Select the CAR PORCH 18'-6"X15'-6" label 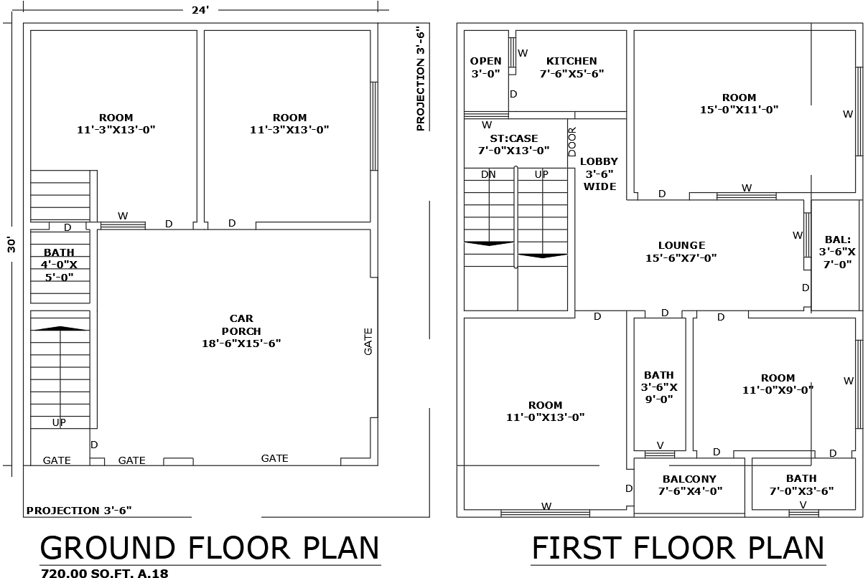click(x=241, y=331)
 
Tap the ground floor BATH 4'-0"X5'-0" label click(x=59, y=265)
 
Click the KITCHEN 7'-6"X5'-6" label click(x=571, y=67)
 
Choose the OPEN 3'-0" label click(x=486, y=67)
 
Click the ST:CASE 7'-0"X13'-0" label click(x=513, y=144)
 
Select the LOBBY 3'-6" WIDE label click(x=599, y=174)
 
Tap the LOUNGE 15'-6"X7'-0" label click(x=681, y=252)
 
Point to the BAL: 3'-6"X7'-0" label click(x=837, y=252)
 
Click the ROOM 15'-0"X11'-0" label click(x=739, y=103)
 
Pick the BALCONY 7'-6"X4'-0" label click(x=689, y=485)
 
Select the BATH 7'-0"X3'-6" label click(x=801, y=485)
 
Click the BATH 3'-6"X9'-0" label click(x=659, y=387)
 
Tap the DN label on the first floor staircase click(x=488, y=174)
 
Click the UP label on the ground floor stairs click(x=59, y=422)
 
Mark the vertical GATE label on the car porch click(x=368, y=341)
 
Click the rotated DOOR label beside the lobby click(x=572, y=142)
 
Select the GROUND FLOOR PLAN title click(x=210, y=548)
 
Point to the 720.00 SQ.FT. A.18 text click(x=104, y=572)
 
